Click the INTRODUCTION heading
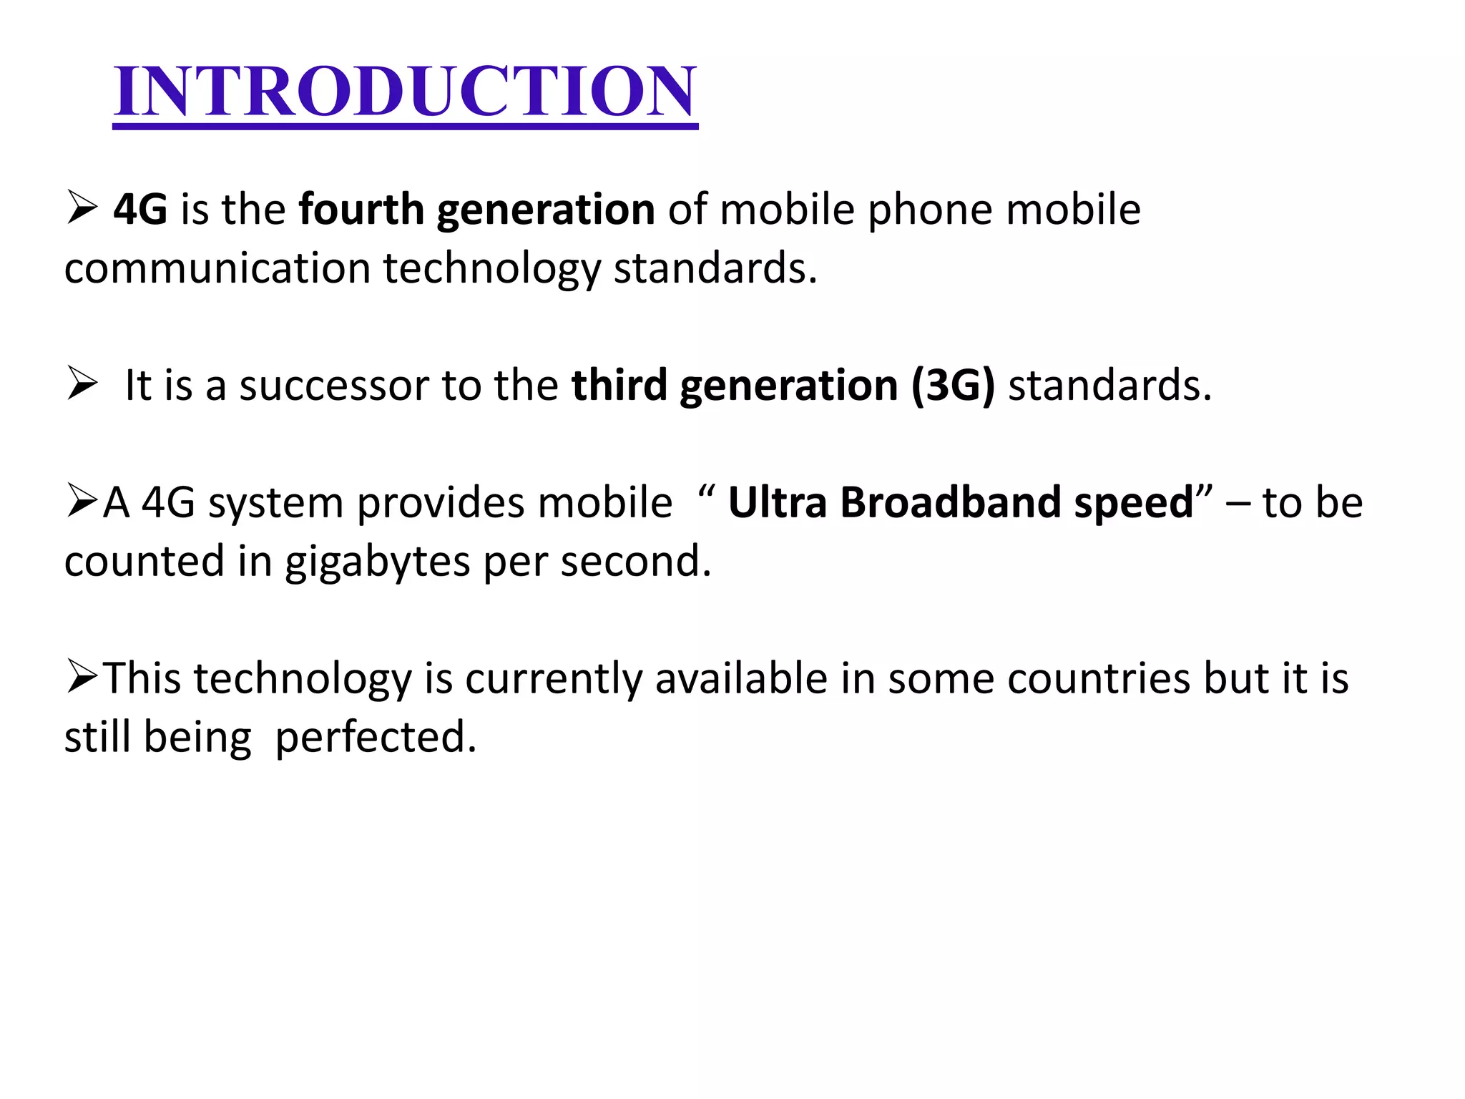tap(405, 91)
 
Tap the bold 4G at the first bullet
tap(140, 210)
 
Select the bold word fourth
tap(361, 210)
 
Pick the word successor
tap(333, 386)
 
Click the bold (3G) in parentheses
tap(953, 386)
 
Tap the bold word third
tap(619, 386)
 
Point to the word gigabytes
tap(377, 562)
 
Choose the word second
tap(634, 561)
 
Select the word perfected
tap(376, 738)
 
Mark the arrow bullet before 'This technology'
tap(82, 677)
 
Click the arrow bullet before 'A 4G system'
tap(82, 501)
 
